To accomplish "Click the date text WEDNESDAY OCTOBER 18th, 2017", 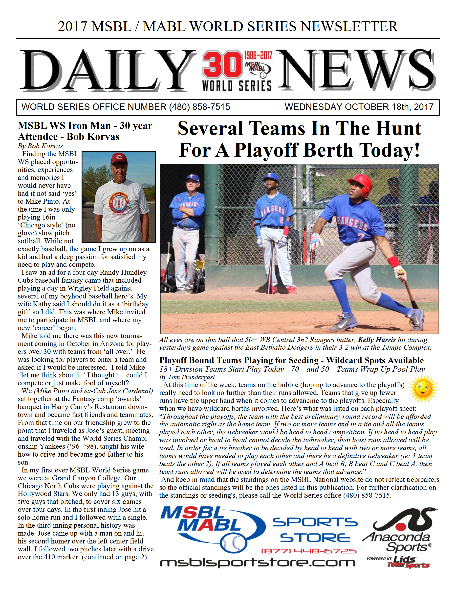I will pos(359,107).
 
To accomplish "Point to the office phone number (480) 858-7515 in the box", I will pos(199,107).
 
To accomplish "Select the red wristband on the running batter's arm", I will pos(394,262).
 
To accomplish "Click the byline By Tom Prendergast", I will pos(187,377).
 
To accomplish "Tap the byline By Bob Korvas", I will pos(40,146).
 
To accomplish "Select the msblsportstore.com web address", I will pos(257,563).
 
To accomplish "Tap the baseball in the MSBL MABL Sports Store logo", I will pos(233,542).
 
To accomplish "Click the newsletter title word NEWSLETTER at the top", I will pos(349,26).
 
